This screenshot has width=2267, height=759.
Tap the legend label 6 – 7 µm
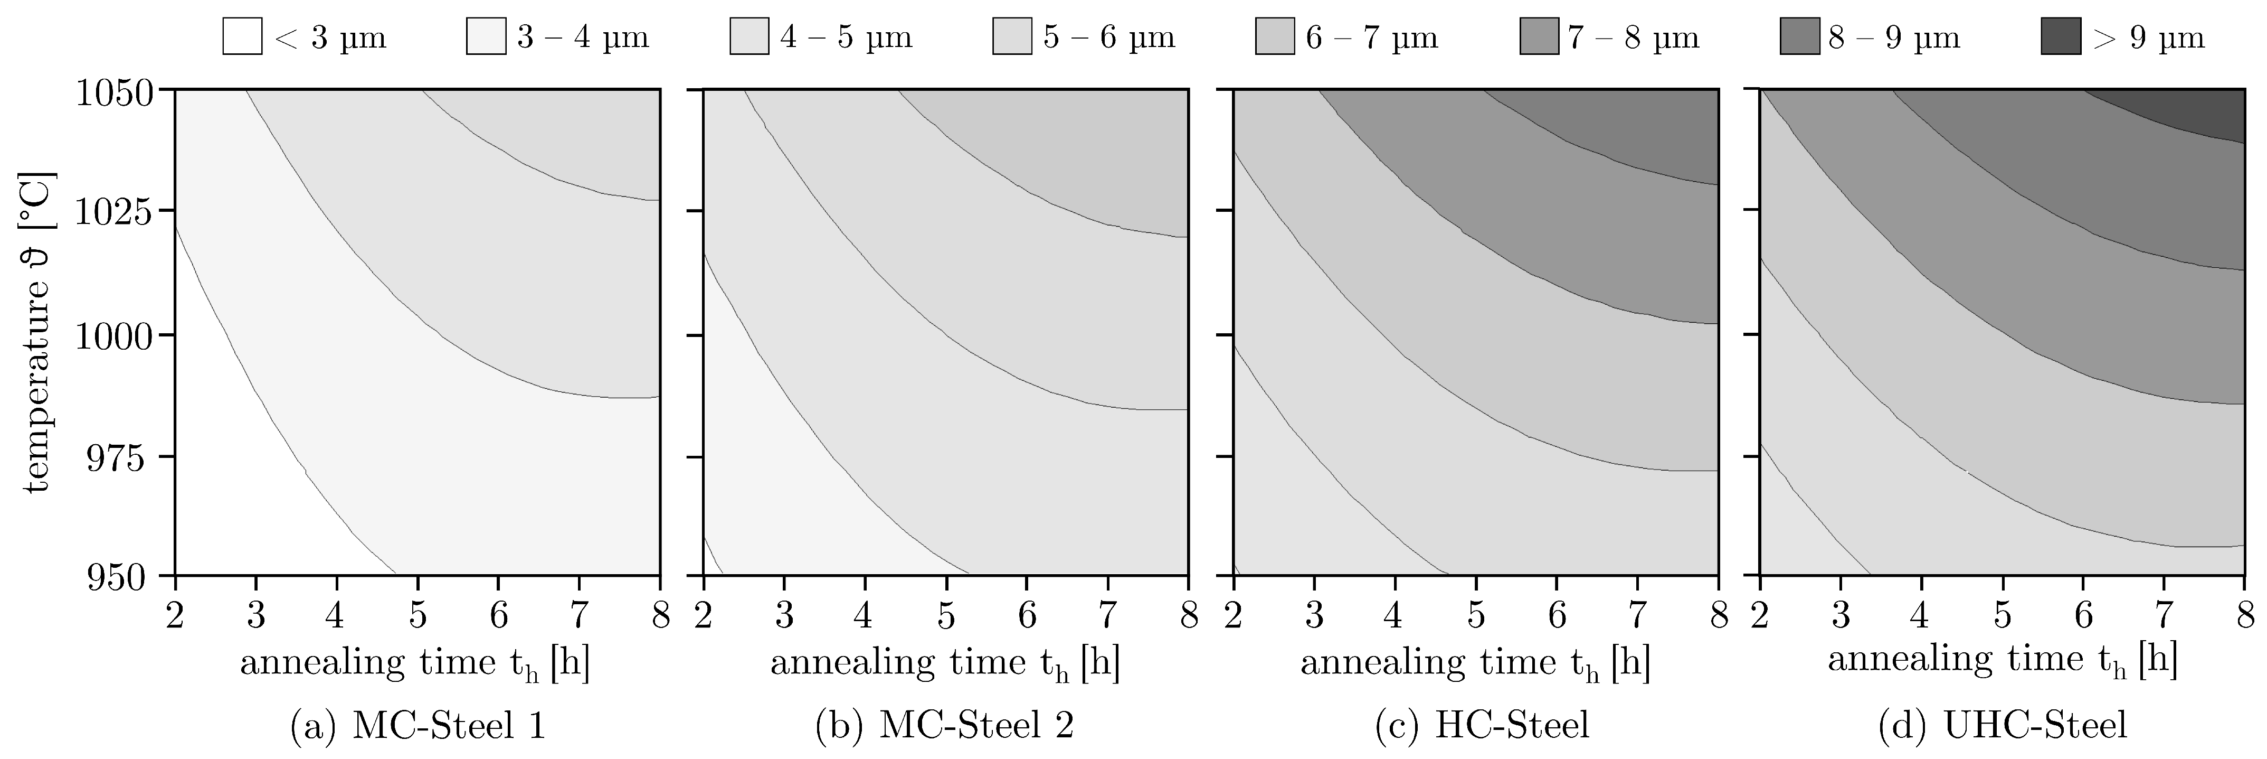[1371, 38]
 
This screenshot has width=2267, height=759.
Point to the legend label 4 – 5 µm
[846, 38]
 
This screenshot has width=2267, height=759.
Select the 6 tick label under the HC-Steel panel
[1557, 616]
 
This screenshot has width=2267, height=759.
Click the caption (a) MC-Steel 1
[417, 726]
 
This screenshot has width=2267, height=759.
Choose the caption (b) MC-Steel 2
[945, 726]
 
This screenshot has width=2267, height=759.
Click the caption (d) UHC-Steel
[2002, 726]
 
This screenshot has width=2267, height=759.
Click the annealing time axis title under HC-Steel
[1475, 663]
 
